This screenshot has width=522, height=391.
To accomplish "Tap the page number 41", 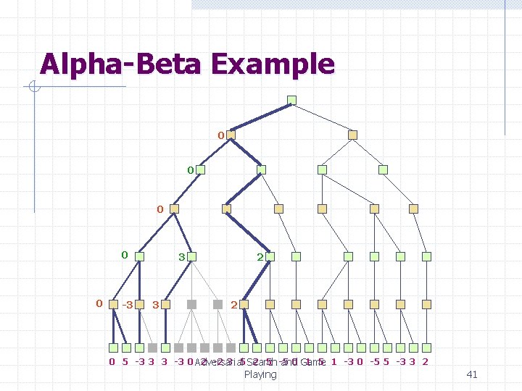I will click(472, 374).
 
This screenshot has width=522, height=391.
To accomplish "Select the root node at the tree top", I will click(291, 100).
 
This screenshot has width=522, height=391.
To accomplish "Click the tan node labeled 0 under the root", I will click(231, 135).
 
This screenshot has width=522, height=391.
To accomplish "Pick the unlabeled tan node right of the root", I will click(352, 135).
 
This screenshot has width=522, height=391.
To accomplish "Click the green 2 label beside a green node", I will click(260, 257).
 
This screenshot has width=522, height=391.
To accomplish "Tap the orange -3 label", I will click(128, 305).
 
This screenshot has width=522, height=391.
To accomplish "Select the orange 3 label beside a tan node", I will click(156, 305).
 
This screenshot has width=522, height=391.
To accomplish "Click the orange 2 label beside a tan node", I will click(233, 305).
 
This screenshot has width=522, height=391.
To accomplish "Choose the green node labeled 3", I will click(194, 256).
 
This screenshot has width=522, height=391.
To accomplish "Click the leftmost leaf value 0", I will click(112, 362).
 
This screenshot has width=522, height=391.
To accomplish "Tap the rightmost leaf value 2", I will click(425, 362).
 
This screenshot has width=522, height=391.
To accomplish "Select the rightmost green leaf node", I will click(426, 348).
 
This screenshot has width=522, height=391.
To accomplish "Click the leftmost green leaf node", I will click(114, 348).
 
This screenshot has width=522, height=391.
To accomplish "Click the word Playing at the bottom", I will click(260, 374).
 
